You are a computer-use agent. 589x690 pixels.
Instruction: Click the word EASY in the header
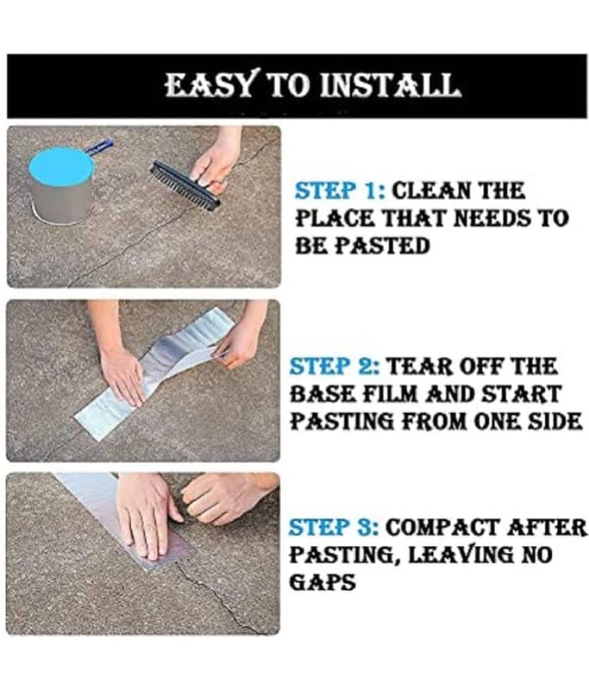point(210,85)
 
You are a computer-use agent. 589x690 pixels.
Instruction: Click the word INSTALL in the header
point(390,85)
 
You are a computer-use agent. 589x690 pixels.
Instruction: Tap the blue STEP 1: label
point(340,191)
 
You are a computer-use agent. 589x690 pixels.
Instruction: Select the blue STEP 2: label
point(335,367)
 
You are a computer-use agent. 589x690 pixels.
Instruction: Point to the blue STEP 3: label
point(334,527)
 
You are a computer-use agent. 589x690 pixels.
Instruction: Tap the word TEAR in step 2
point(417,367)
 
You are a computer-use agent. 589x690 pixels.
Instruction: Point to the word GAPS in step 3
point(322,581)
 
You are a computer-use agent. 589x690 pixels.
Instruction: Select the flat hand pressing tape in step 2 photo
point(122,375)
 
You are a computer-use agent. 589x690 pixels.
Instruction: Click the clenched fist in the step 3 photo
point(220,499)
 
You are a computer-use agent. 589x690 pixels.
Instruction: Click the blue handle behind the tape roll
point(99,146)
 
